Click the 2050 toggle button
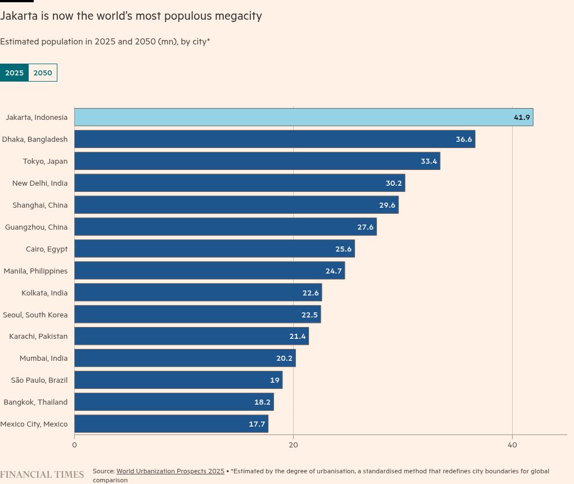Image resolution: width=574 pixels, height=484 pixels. pos(43,73)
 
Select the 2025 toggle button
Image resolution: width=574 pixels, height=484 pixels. pos(14,73)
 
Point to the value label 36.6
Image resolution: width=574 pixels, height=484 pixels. pos(464,139)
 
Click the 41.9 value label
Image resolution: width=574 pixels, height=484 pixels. pos(522,117)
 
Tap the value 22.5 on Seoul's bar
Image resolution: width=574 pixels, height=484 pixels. pos(310,315)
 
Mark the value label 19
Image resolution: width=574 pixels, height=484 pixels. pos(275,380)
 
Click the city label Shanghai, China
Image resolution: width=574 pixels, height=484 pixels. pos(40,205)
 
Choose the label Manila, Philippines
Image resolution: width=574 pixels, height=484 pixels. pos(35,271)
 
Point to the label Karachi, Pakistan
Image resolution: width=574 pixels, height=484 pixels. pos(38,336)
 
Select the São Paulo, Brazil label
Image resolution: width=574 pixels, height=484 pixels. pos(39,380)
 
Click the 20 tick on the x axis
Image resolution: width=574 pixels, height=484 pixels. pos(293,445)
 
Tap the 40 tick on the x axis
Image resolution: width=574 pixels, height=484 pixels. pos(512,445)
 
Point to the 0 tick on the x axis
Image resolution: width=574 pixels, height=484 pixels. pos(74,445)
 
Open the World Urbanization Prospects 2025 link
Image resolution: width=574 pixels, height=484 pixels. pos(170,471)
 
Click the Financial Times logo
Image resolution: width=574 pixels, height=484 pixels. pos(42,474)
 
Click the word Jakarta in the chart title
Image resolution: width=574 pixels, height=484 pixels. pos(19,16)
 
